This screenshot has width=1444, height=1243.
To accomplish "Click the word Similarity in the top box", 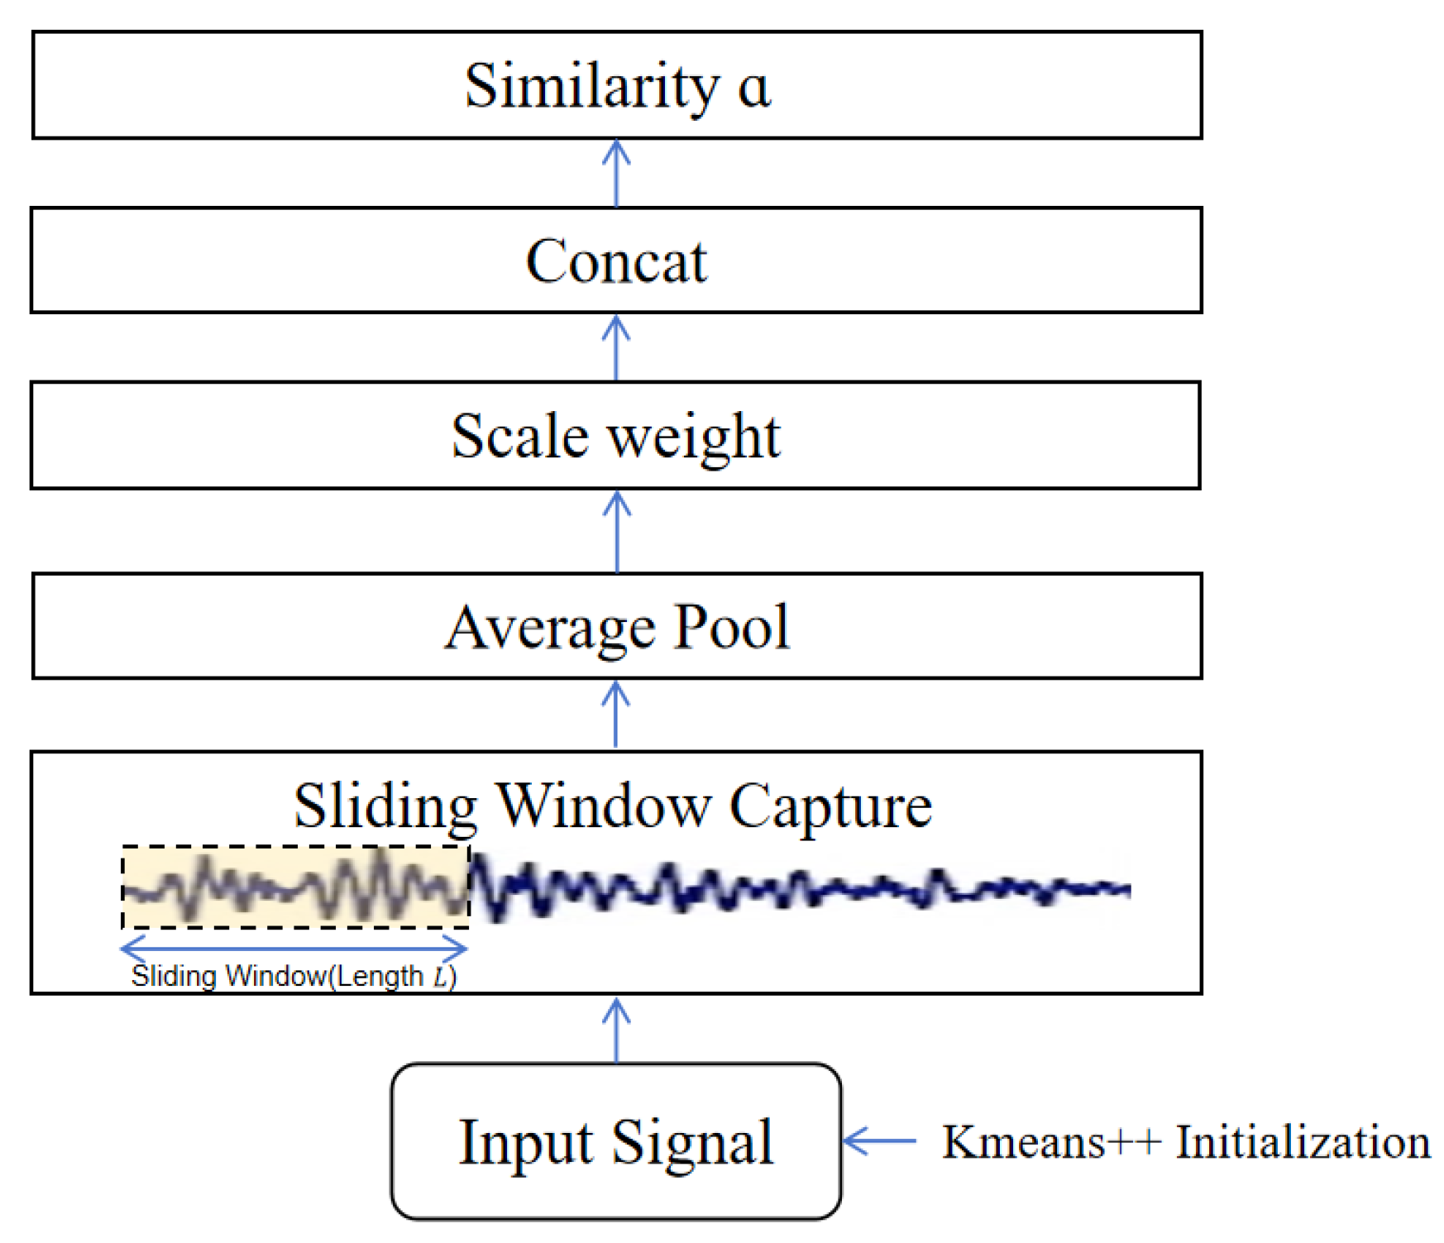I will (x=591, y=86).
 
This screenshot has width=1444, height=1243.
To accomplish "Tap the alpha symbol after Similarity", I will (x=753, y=88).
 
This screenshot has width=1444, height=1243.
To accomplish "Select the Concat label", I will (x=616, y=261).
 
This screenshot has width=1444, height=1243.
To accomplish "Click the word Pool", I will (x=731, y=626).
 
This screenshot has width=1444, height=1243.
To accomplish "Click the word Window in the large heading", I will (x=602, y=806).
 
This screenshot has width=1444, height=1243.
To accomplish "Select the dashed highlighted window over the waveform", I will (x=295, y=887).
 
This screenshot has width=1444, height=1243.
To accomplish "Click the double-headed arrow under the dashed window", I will (x=294, y=948).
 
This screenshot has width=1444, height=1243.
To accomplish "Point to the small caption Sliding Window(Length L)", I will (x=294, y=976).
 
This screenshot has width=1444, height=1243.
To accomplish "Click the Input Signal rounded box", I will (x=616, y=1141).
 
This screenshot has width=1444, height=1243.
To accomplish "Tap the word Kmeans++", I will (x=1051, y=1142).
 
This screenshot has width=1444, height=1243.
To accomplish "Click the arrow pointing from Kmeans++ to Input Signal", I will (x=879, y=1140).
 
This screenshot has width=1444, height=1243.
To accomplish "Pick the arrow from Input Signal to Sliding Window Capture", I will (x=616, y=1029).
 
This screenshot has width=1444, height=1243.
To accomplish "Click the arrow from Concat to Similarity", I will (x=616, y=173).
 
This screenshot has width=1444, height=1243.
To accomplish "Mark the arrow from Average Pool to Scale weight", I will (x=617, y=531).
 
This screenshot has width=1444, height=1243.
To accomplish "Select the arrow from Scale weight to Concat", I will (x=616, y=347).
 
